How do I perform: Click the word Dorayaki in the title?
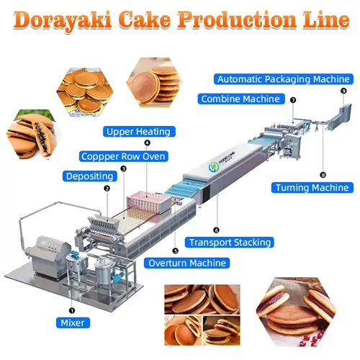[x=63, y=20]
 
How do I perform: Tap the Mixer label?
[x=73, y=323]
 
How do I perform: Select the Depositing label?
[x=90, y=176]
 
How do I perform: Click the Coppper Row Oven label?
[x=123, y=156]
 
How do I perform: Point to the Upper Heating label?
[x=139, y=132]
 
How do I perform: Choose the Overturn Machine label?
[x=186, y=263]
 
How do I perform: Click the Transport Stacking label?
[x=229, y=243]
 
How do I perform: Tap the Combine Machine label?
[x=241, y=99]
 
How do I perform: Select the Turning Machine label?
[x=312, y=188]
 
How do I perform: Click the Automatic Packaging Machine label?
[x=284, y=79]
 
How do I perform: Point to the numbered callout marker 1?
[x=72, y=311]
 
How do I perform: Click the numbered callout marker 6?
[x=216, y=230]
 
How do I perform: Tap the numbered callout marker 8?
[x=323, y=175]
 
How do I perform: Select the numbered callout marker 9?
[x=343, y=91]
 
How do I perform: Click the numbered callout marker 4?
[x=147, y=143]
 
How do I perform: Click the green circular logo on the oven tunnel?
[x=213, y=166]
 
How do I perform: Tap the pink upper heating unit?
[x=150, y=203]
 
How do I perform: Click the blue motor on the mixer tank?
[x=73, y=254]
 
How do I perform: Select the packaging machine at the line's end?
[x=340, y=117]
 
